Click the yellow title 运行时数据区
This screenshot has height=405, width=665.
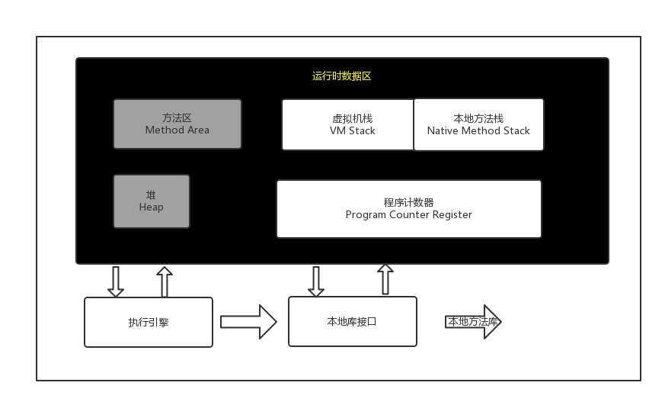[341, 76]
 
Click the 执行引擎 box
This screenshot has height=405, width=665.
[149, 323]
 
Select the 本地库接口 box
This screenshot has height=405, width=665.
[352, 321]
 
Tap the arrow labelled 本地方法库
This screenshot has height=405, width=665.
[473, 322]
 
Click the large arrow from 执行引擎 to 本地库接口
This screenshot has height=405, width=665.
[248, 322]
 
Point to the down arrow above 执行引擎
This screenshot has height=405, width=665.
[116, 281]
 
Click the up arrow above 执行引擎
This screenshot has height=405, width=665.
[164, 281]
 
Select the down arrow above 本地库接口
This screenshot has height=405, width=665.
[316, 281]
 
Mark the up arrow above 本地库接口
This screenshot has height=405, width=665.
[385, 279]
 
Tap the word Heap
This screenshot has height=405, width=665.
[152, 207]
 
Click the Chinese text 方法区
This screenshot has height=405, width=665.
[177, 118]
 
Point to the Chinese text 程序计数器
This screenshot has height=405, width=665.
[408, 203]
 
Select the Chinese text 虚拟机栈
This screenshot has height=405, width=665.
[347, 119]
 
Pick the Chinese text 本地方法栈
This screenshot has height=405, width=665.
[478, 119]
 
